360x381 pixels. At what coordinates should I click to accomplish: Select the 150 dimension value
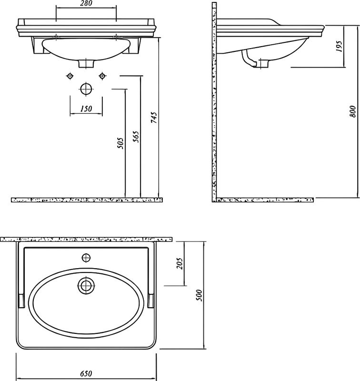[x=86, y=109]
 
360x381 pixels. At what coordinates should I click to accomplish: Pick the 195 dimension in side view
[x=339, y=46]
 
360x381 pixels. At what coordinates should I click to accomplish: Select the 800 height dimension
[x=352, y=110]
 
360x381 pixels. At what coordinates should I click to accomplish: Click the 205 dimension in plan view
[x=180, y=263]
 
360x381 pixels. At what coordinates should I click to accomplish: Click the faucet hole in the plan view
[x=86, y=258]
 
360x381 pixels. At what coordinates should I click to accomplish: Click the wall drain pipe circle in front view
[x=86, y=89]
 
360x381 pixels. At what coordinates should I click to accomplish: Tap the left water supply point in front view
[x=70, y=76]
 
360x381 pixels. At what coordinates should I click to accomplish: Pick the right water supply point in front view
[x=101, y=76]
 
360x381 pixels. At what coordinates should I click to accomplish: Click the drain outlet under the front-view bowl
[x=86, y=63]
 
